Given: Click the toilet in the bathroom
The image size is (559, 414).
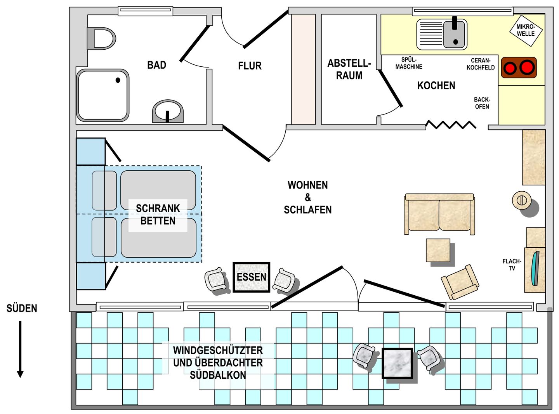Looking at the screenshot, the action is coord(101,38).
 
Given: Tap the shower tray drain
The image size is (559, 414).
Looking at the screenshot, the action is coord(118,80).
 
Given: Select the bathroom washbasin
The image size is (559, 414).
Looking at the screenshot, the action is coord(168,111).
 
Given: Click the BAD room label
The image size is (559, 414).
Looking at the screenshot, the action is coord(156,65).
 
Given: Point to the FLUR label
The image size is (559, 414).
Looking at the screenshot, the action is coord(250,66).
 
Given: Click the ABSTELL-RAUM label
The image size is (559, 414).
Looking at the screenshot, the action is coord(349,69).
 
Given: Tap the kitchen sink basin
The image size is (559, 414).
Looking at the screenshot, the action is coord(454,34).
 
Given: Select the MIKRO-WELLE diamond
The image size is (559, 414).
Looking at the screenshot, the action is coord(526,31).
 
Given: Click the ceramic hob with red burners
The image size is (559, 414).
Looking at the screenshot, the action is coord(519,68).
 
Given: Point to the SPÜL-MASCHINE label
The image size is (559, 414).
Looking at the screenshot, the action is coord(409,63).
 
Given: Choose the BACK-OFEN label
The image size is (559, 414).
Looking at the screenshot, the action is coord(482,103).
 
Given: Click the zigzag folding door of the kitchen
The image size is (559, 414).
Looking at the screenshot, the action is coord(451,125).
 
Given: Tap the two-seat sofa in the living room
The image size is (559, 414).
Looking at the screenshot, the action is coord(439,214).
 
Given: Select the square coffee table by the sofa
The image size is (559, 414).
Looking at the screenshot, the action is coord(438,250).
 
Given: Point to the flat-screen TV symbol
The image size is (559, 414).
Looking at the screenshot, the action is coord(535,268).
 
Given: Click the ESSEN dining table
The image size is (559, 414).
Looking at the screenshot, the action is coord(251,277).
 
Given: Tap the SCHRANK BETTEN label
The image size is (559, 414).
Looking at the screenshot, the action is coord(158,215).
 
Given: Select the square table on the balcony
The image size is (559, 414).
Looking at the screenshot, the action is coord(398,363).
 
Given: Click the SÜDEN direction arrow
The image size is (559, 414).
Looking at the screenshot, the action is coord(20,349).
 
